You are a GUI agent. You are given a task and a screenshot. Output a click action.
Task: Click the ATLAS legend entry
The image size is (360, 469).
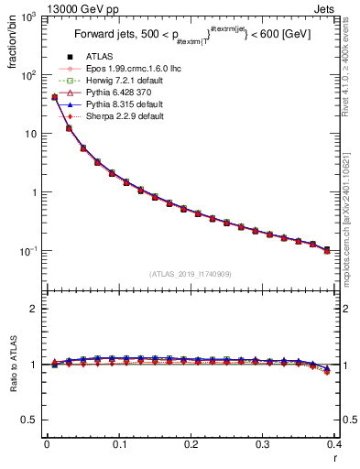point(104,58)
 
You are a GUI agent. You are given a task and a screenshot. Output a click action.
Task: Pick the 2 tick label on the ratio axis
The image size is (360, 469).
point(35,309)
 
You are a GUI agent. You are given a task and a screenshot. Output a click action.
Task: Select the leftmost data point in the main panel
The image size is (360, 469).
point(54,96)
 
